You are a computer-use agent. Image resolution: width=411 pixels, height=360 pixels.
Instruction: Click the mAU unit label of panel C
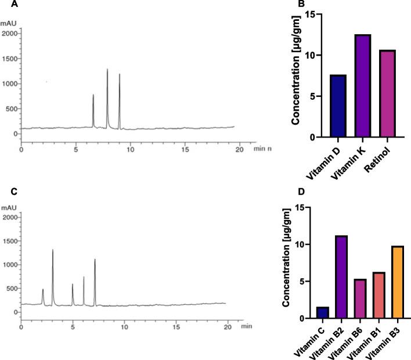[10, 206]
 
